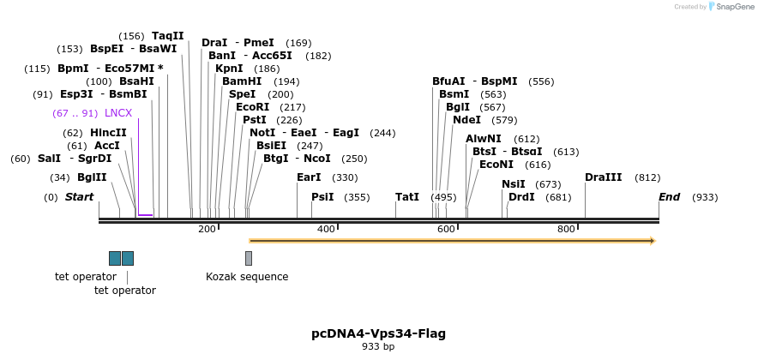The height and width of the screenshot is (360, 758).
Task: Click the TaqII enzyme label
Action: [x=168, y=36]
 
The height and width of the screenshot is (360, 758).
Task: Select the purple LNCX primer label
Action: [x=118, y=113]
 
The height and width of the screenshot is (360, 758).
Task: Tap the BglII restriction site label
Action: [x=92, y=178]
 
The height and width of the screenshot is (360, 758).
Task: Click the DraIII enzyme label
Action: [x=604, y=177]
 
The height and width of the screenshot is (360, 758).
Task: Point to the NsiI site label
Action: [x=514, y=184]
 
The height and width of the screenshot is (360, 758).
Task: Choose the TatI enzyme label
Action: [x=407, y=197]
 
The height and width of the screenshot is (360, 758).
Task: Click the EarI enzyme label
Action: [x=309, y=177]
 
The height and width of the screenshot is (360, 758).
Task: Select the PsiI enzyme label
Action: [x=322, y=197]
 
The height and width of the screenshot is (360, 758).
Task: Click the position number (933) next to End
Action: [x=705, y=197]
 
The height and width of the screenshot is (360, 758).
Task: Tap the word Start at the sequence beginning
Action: [x=79, y=197]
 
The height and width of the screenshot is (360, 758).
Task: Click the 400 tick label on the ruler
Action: [x=326, y=229]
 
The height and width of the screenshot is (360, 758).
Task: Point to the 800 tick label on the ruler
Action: [x=566, y=229]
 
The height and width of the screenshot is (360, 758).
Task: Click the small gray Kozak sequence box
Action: [x=249, y=258]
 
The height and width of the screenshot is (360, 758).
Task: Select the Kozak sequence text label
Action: [x=247, y=277]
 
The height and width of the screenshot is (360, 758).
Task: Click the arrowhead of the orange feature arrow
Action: [x=653, y=241]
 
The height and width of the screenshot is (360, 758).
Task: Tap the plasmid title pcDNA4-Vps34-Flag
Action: [x=378, y=333]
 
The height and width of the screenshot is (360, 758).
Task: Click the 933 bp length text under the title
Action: [x=378, y=347]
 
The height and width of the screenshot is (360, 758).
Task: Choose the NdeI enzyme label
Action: [x=466, y=120]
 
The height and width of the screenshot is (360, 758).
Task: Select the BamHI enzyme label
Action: [x=242, y=81]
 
